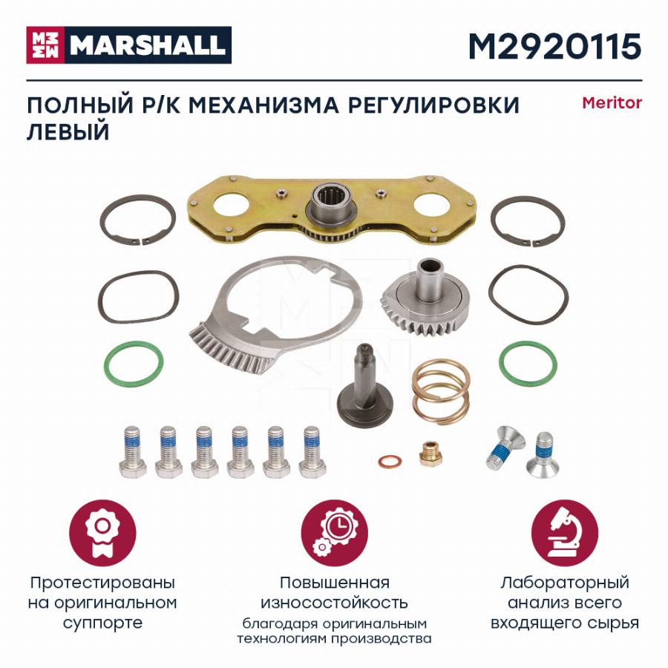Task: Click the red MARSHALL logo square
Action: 45,45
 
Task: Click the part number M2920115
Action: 554,47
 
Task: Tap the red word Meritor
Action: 612,102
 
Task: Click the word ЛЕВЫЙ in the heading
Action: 68,131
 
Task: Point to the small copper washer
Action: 390,461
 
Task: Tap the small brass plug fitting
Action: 430,453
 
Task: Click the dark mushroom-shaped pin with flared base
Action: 365,382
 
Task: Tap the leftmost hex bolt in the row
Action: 132,451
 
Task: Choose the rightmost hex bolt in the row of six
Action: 312,451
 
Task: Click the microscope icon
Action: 565,533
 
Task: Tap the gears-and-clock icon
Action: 335,533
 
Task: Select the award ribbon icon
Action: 102,533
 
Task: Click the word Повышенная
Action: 335,583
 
